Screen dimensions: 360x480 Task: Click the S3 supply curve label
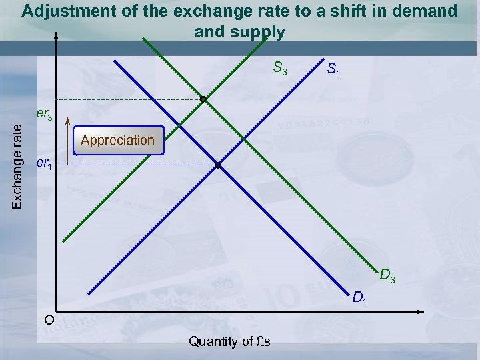click(280, 68)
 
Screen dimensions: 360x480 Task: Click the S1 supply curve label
click(334, 69)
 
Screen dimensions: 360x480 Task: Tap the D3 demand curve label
click(387, 275)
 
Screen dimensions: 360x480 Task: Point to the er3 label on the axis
click(45, 115)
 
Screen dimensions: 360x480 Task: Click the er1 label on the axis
click(43, 163)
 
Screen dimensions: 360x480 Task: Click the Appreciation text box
click(117, 140)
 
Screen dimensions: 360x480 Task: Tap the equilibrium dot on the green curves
click(203, 99)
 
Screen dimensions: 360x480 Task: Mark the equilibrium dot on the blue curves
click(217, 165)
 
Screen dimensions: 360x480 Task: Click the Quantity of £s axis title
click(229, 342)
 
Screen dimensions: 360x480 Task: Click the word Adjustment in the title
click(61, 11)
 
